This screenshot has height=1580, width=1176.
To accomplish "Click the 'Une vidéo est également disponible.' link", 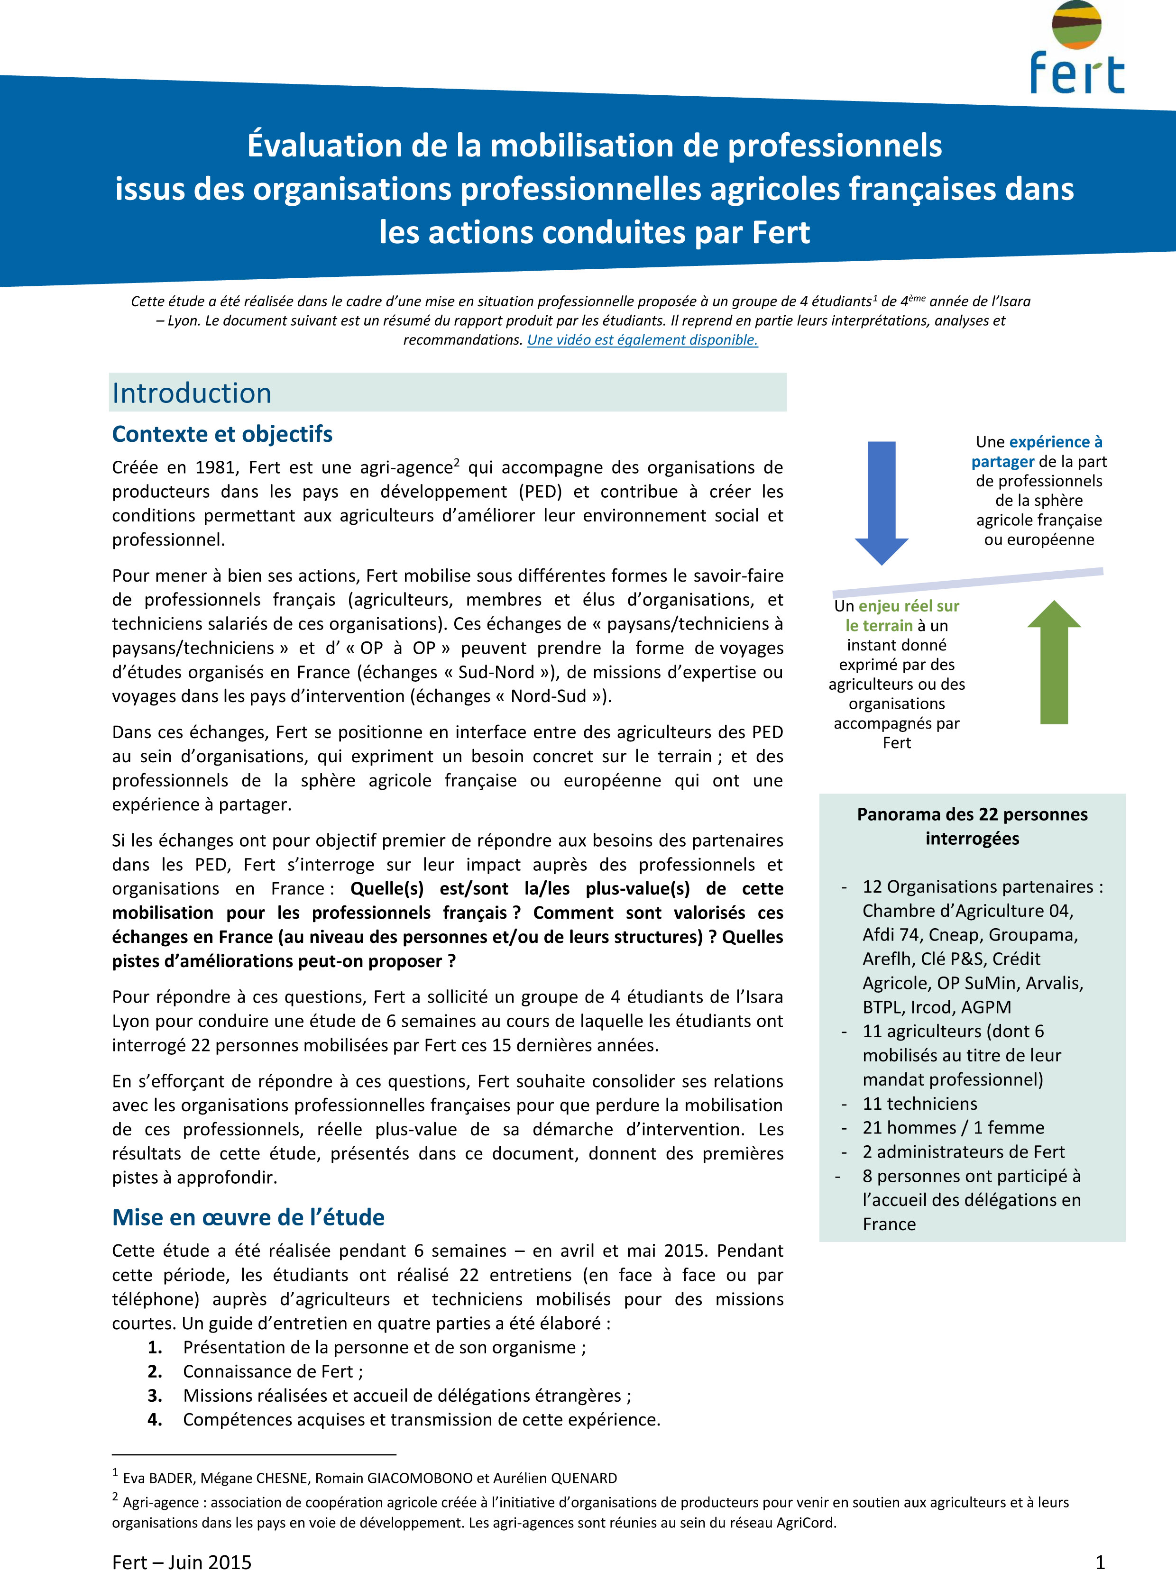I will [642, 339].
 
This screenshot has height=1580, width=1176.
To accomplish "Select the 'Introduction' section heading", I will [192, 393].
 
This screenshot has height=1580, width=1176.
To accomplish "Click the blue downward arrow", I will [881, 501].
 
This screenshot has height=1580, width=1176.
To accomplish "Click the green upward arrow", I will [1054, 662].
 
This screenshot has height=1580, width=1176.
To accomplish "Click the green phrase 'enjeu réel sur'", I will [909, 606].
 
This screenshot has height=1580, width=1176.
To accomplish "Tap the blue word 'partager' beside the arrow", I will [1002, 461].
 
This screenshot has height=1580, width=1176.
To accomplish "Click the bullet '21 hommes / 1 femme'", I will [953, 1127].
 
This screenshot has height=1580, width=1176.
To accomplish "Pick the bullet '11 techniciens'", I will [920, 1103].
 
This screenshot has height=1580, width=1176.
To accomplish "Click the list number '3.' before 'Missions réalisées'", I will [155, 1396].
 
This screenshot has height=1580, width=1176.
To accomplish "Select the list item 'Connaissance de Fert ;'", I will [273, 1371].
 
